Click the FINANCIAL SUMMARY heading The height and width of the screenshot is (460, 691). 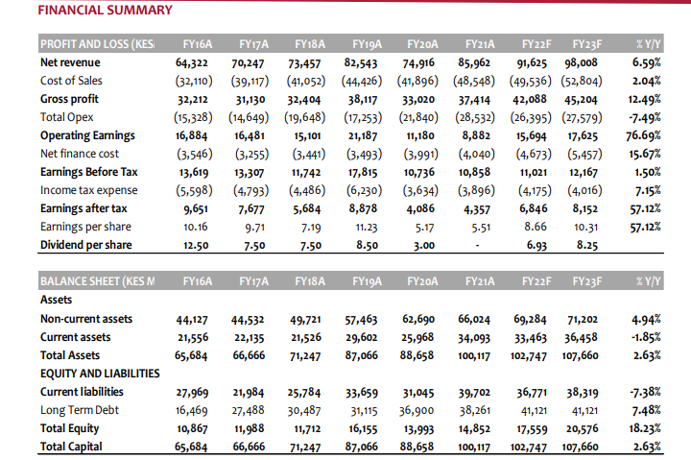[105, 11]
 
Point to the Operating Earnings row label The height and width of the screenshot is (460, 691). [85, 135]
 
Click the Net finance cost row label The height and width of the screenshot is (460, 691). [80, 154]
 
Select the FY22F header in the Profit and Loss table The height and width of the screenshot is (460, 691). [537, 44]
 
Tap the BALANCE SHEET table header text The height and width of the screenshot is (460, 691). [96, 281]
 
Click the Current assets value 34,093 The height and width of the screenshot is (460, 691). [473, 337]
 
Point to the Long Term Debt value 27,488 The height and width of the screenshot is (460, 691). [249, 410]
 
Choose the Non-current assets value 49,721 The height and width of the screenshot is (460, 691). [306, 319]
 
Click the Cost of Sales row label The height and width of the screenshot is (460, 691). [71, 81]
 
